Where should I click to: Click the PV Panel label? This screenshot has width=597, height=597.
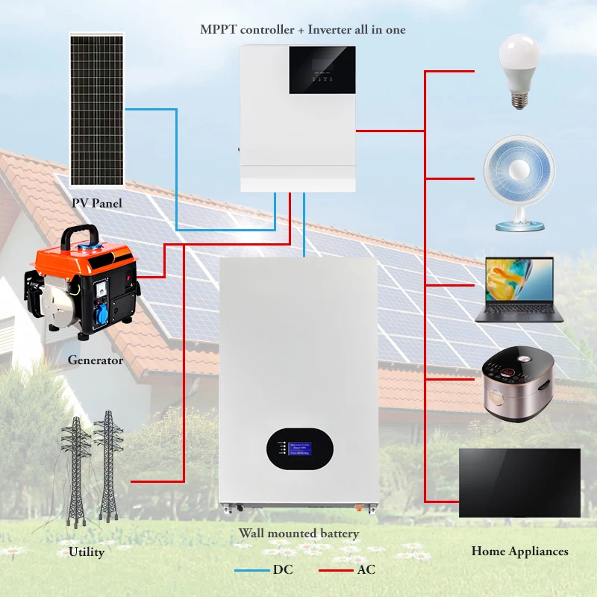pyautogui.click(x=97, y=203)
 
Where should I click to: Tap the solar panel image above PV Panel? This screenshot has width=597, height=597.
pyautogui.click(x=97, y=109)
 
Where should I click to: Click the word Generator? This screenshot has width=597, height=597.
pyautogui.click(x=96, y=360)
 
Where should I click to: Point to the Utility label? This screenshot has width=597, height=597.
pyautogui.click(x=87, y=552)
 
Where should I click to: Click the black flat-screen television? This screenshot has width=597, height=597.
pyautogui.click(x=519, y=483)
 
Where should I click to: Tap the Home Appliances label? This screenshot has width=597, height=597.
pyautogui.click(x=519, y=551)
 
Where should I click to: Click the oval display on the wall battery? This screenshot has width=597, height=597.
pyautogui.click(x=298, y=448)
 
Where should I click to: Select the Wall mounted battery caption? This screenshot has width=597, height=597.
pyautogui.click(x=298, y=534)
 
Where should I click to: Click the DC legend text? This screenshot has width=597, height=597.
pyautogui.click(x=283, y=570)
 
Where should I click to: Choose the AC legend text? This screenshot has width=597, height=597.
pyautogui.click(x=366, y=570)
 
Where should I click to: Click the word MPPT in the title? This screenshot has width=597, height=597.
pyautogui.click(x=218, y=30)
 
